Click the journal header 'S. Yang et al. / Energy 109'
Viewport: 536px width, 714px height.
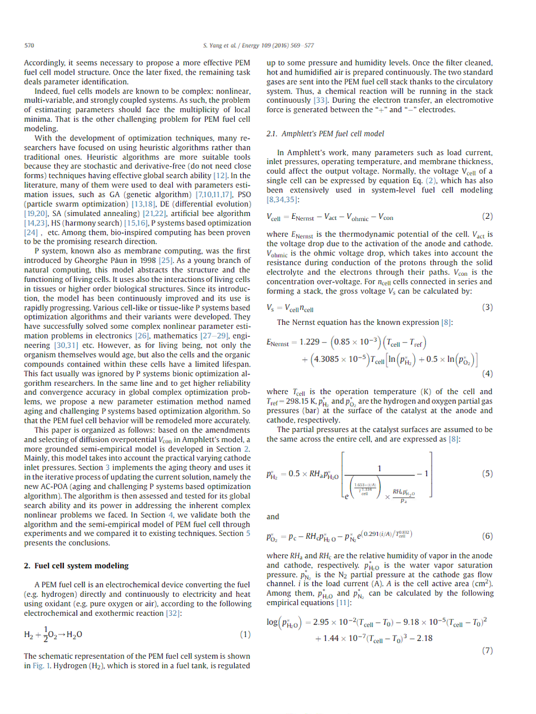[242, 45]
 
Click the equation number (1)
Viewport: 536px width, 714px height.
[245, 634]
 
